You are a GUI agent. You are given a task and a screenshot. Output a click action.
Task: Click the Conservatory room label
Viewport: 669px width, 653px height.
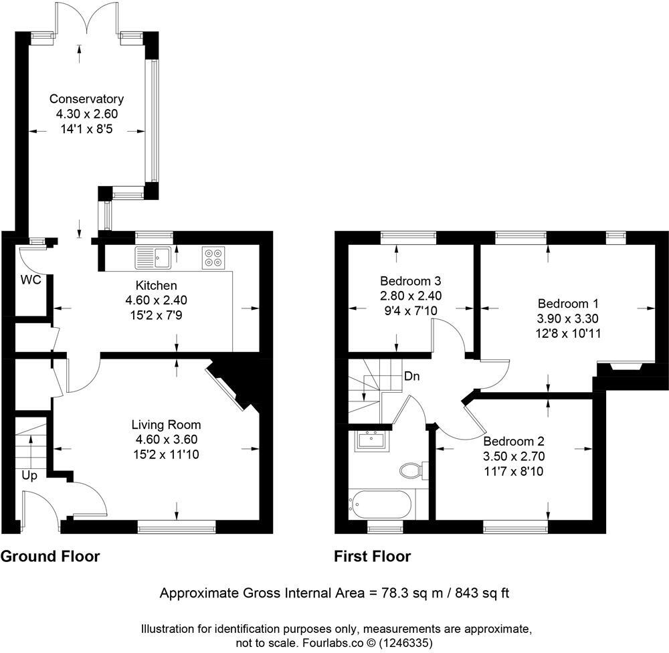point(86,99)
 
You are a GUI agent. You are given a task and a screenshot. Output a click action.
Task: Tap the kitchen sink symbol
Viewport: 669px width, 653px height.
point(153,257)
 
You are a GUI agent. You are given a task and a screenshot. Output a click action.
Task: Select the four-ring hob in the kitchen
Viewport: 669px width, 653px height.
point(213,258)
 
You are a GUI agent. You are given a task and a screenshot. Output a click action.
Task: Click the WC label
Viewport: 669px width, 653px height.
point(31,280)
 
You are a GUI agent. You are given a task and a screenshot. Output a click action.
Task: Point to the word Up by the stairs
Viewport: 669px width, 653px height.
point(29,475)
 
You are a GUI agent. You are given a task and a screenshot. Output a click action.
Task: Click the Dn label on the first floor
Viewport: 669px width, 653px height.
point(411,376)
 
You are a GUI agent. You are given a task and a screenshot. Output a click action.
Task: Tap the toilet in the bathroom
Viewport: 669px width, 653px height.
point(413,470)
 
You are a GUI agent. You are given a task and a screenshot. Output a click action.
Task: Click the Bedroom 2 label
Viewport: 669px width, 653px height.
point(514,442)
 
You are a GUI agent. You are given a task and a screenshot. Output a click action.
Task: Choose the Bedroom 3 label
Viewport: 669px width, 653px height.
point(410,280)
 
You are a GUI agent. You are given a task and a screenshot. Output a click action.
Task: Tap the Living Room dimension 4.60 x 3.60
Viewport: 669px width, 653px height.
point(166,440)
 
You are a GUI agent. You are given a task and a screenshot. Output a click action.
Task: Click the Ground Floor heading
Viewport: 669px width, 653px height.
point(50,557)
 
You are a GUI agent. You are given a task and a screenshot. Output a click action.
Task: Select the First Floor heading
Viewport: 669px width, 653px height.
point(373,557)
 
